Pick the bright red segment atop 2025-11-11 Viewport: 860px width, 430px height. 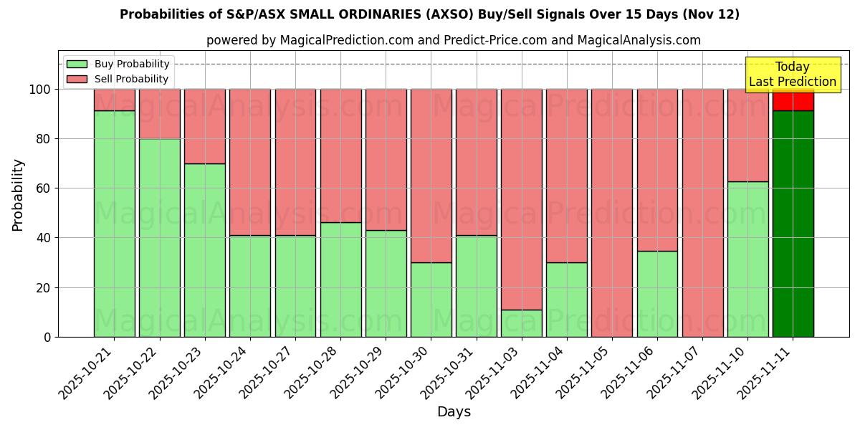click(x=793, y=100)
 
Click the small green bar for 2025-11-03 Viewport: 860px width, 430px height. click(x=522, y=323)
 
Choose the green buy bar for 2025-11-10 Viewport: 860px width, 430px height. click(x=747, y=259)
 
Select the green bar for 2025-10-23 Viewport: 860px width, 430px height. click(x=204, y=250)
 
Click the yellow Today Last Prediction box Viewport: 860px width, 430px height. click(x=792, y=75)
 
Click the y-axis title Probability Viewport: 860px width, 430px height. click(x=18, y=194)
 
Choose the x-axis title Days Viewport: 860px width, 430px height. click(x=454, y=412)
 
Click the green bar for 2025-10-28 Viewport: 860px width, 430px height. click(x=340, y=279)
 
